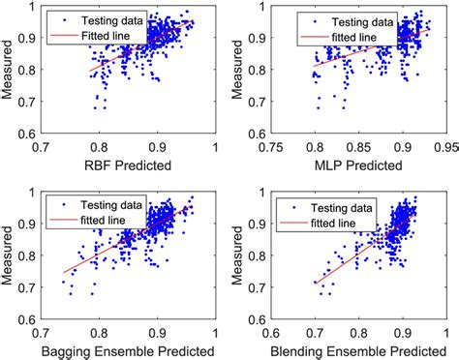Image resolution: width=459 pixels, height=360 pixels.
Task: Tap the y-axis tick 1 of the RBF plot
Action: click(x=33, y=8)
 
